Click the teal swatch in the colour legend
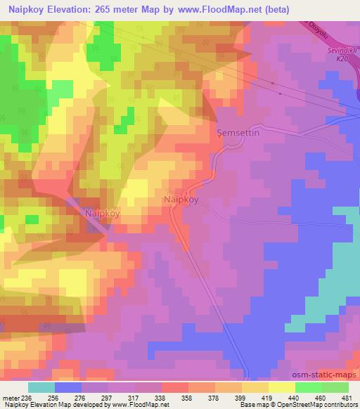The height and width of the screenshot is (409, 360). (x=41, y=387)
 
